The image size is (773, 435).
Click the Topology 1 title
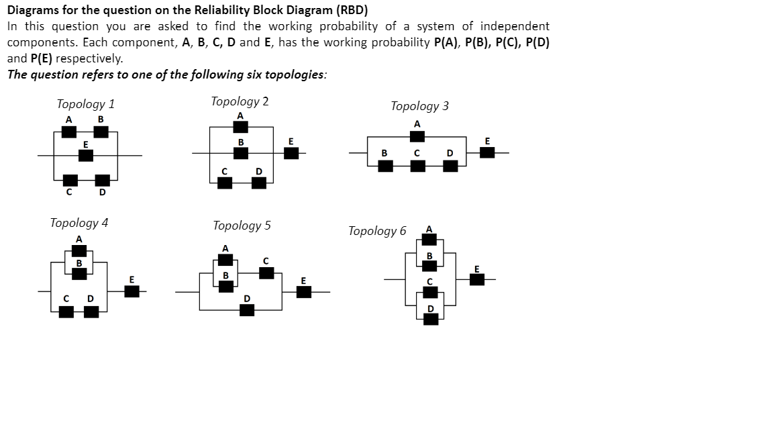pyautogui.click(x=85, y=104)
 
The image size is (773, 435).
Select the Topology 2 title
pyautogui.click(x=240, y=101)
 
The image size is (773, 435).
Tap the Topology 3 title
pyautogui.click(x=419, y=106)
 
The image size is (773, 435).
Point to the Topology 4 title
pyautogui.click(x=79, y=223)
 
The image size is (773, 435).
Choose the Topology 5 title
pyautogui.click(x=242, y=226)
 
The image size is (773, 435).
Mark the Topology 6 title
pyautogui.click(x=376, y=231)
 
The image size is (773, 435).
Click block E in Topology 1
pyautogui.click(x=85, y=155)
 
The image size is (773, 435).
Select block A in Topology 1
pyautogui.click(x=68, y=132)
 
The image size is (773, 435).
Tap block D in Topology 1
pyautogui.click(x=101, y=180)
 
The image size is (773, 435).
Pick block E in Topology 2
pyautogui.click(x=291, y=153)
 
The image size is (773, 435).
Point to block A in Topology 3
pyautogui.click(x=417, y=136)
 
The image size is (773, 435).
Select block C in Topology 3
pyautogui.click(x=417, y=165)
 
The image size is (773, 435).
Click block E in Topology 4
pyautogui.click(x=132, y=291)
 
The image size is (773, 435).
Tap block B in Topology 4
pyautogui.click(x=79, y=274)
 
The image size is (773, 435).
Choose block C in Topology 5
pyautogui.click(x=266, y=273)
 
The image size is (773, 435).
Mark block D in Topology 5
pyautogui.click(x=247, y=309)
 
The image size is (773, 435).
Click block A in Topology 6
pyautogui.click(x=429, y=240)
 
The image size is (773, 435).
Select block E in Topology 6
pyautogui.click(x=476, y=279)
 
